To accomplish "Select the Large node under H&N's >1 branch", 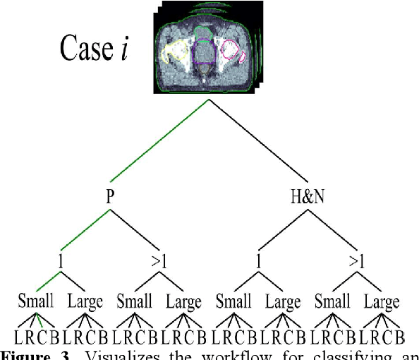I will pos(382,303).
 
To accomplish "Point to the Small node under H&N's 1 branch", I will pos(233,303).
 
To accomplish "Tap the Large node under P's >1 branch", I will pos(184,303).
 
